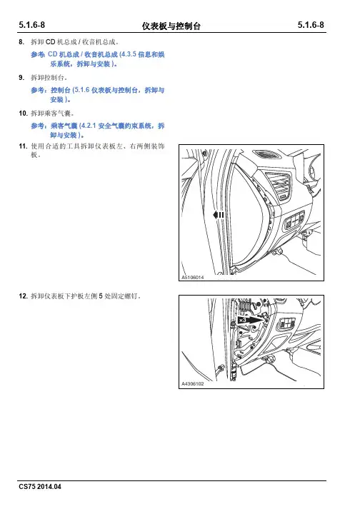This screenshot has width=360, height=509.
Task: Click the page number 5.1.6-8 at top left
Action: coord(32,25)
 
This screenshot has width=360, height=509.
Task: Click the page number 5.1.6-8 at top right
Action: coord(311,25)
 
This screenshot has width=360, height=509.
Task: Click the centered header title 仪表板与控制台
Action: coord(171,26)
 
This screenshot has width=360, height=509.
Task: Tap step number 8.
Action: coord(21,42)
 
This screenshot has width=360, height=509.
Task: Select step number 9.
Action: coord(21,78)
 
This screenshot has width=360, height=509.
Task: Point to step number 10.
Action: coord(23,114)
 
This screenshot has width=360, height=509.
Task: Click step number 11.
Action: coord(23,146)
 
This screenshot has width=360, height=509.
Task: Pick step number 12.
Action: coord(23,296)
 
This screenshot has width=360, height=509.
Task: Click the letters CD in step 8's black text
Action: coord(51,42)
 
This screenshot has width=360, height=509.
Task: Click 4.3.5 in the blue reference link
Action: coord(129,54)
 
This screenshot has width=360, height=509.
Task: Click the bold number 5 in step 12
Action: coord(101,296)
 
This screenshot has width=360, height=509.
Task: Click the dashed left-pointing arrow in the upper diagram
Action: coord(219,215)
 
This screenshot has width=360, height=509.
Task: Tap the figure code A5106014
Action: coord(193,278)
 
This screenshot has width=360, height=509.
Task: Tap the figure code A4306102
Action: coord(193,383)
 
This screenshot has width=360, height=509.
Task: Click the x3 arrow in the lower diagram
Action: coord(251,320)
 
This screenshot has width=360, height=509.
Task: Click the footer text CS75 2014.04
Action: coord(40,487)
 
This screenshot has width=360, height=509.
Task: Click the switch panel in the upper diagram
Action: coord(294,222)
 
